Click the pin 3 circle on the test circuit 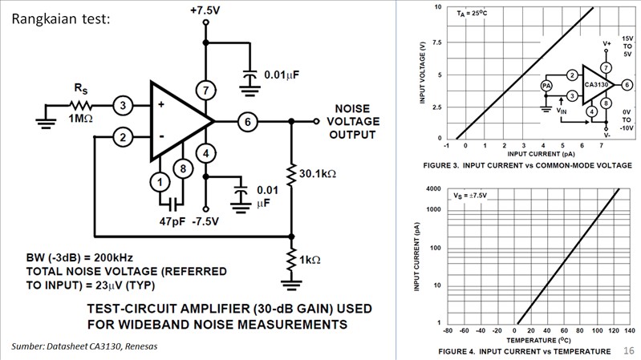pos(124,105)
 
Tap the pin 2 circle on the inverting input pos(124,137)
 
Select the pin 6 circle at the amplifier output pos(249,121)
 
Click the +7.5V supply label pos(206,10)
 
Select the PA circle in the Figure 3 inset pos(546,85)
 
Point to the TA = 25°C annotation pos(474,14)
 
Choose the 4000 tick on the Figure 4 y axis pos(432,188)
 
